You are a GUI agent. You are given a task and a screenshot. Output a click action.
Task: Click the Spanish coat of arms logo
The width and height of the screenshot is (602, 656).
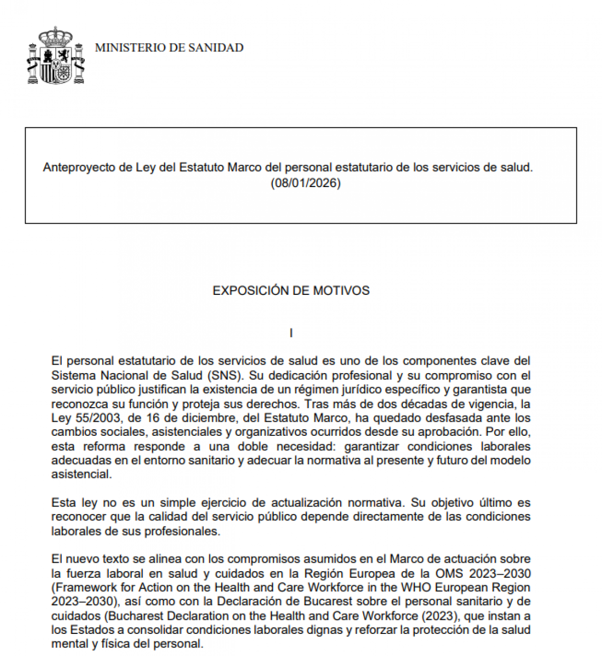[56, 57]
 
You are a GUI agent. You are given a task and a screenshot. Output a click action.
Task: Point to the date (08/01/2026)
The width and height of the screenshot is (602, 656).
[305, 183]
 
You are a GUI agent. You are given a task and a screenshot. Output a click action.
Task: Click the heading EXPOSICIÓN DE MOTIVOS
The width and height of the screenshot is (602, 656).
[291, 290]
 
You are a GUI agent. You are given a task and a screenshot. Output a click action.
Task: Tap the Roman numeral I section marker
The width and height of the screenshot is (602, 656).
[291, 333]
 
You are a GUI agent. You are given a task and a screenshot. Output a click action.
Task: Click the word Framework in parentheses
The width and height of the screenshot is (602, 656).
[81, 587]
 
